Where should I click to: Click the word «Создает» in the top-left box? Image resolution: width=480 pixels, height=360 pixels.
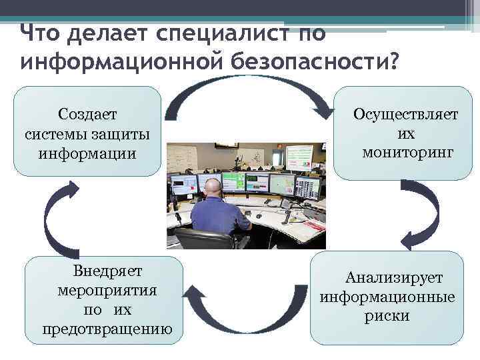tap(87, 115)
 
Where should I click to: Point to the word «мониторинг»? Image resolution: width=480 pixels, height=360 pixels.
tap(408, 153)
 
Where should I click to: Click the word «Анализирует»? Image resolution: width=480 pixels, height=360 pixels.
tap(393, 277)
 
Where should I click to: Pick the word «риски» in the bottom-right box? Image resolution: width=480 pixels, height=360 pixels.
tap(387, 316)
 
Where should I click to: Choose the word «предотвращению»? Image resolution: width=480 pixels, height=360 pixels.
tap(107, 329)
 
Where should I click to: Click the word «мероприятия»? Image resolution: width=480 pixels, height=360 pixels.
tap(107, 291)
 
